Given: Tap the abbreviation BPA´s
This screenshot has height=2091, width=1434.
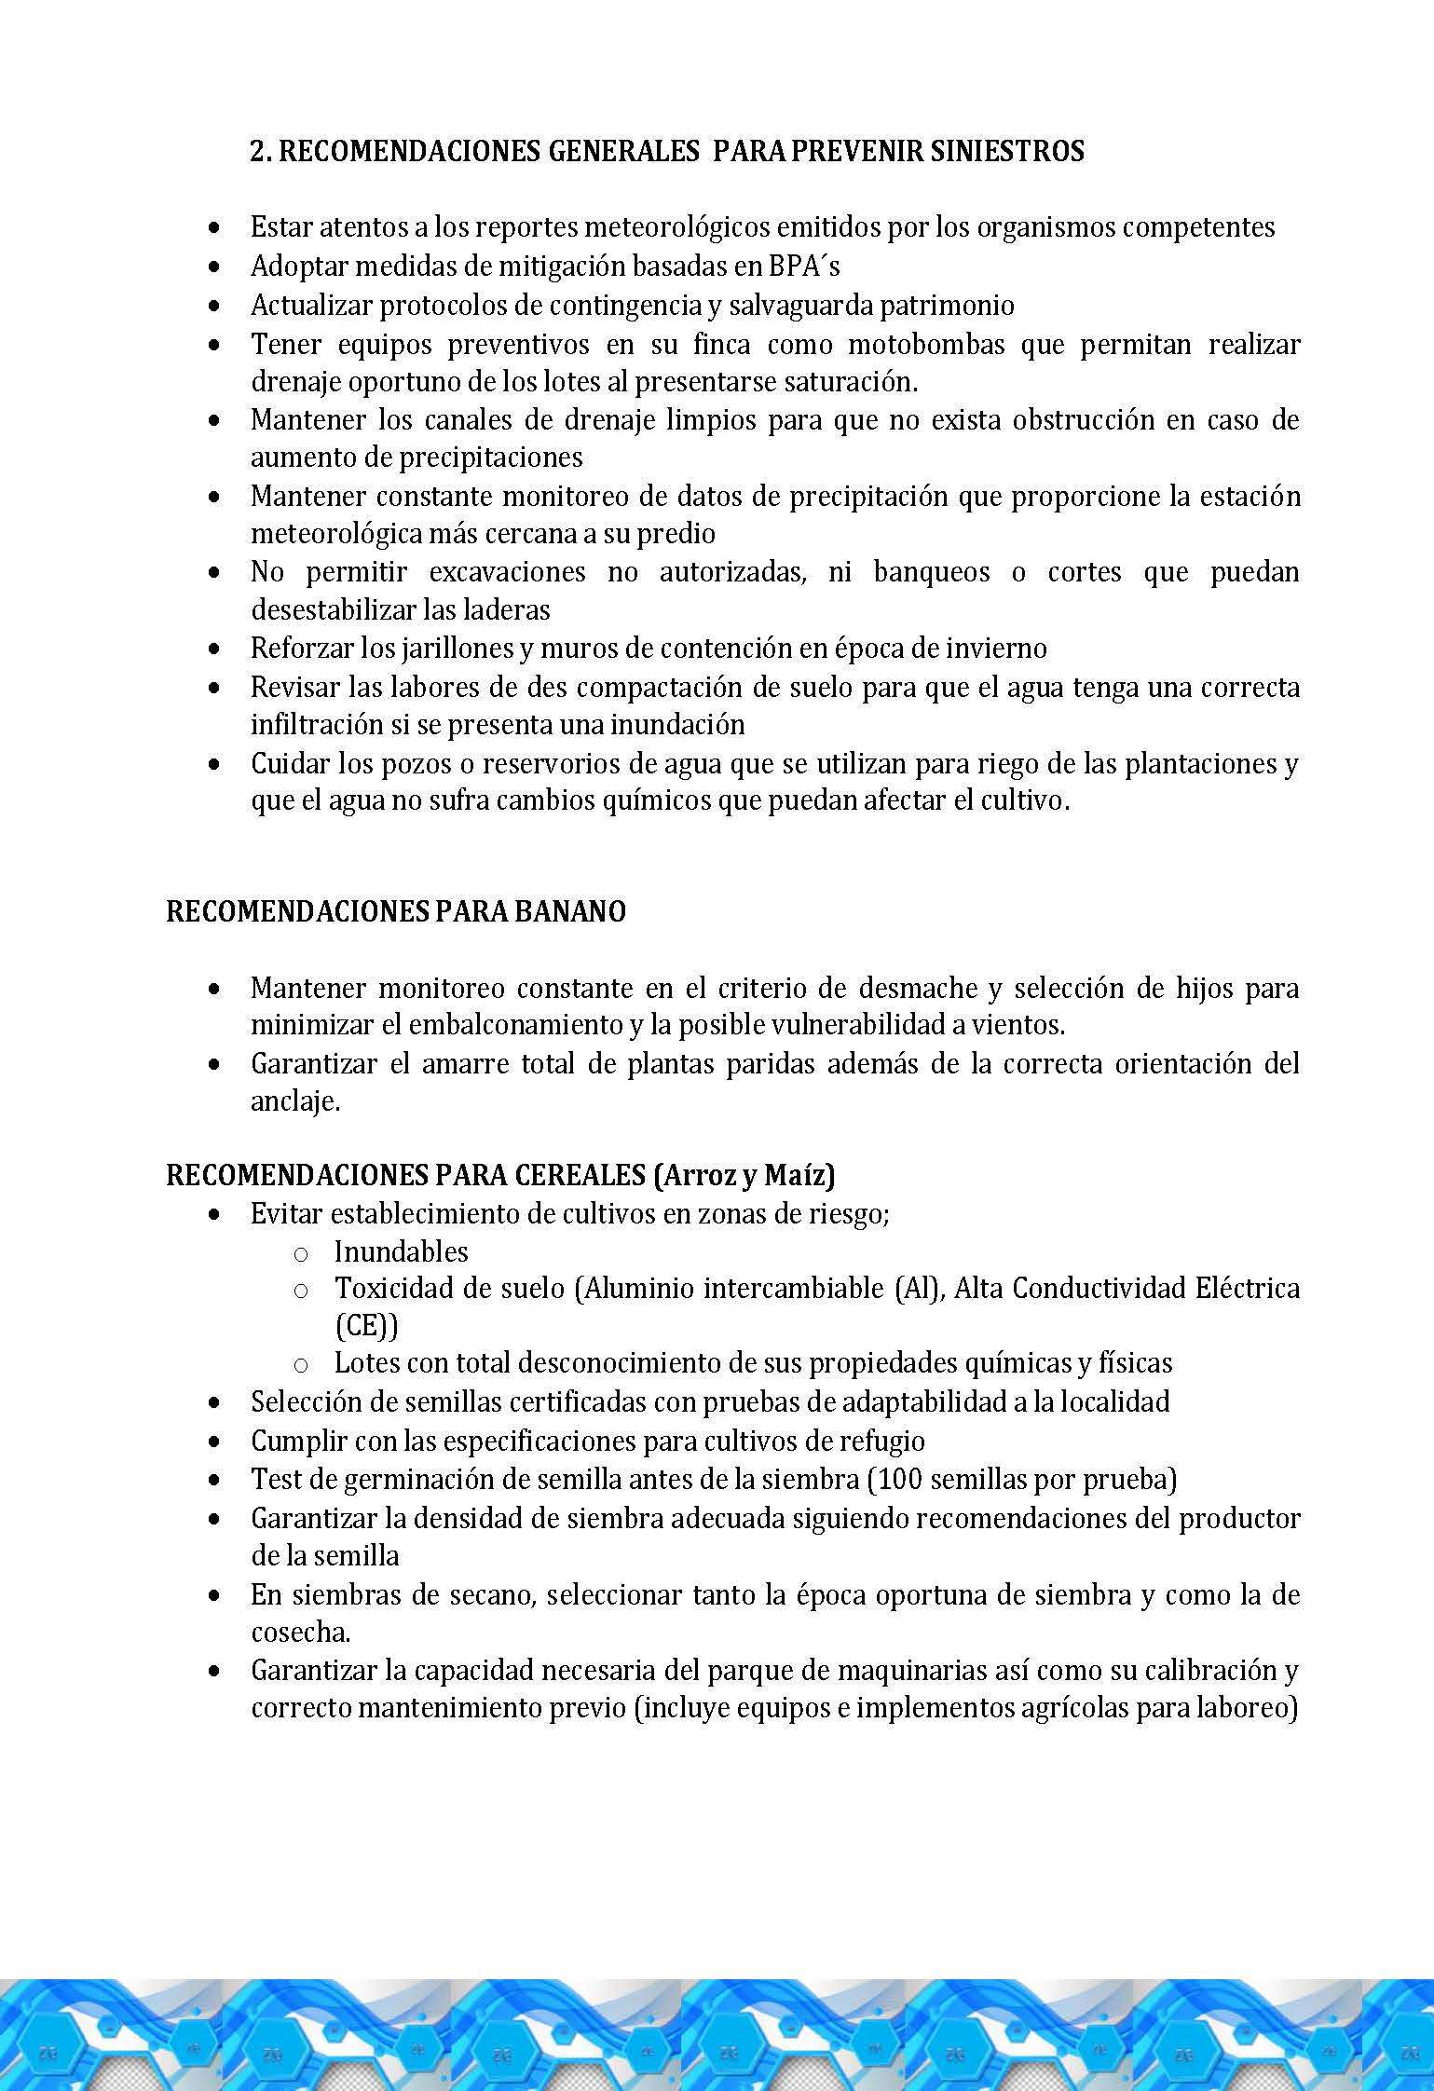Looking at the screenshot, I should tap(803, 266).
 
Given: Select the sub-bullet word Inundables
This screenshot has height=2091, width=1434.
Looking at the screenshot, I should tap(401, 1251).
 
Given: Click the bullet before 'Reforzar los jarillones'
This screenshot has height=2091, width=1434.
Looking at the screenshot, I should tap(215, 649).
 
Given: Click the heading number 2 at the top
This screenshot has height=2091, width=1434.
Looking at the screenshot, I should tap(257, 151).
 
